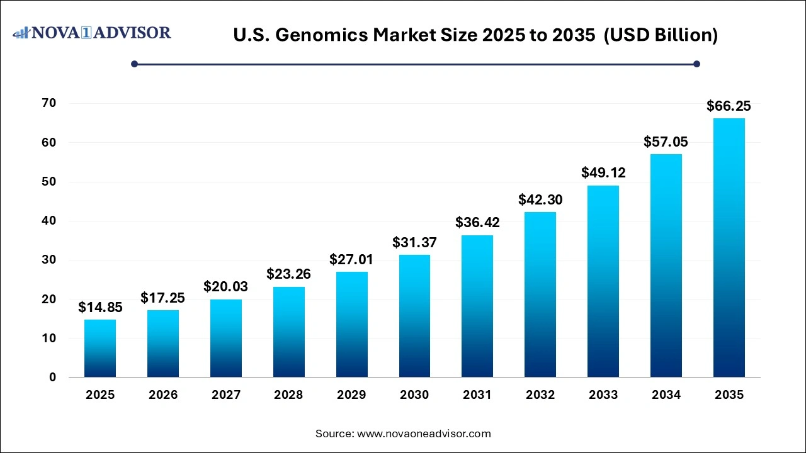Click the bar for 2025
click(x=100, y=349)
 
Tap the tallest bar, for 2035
click(x=729, y=248)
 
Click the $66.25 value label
click(x=729, y=106)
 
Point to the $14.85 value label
click(x=100, y=308)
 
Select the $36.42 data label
click(x=477, y=223)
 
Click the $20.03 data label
click(x=226, y=287)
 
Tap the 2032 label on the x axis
click(x=540, y=395)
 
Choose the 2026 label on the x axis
click(x=163, y=395)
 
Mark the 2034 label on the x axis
click(x=666, y=395)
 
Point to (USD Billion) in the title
click(x=661, y=36)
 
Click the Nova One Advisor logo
click(x=92, y=33)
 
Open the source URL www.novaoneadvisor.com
click(x=424, y=433)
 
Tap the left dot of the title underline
click(x=134, y=64)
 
